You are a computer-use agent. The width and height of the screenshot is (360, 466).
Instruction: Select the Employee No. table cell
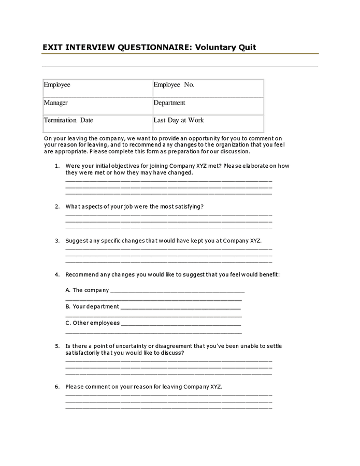point(208,88)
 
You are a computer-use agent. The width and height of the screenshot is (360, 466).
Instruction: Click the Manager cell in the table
point(97,106)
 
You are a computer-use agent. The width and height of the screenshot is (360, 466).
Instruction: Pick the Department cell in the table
point(208,106)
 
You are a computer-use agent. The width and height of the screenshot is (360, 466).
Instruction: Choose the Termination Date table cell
point(97,123)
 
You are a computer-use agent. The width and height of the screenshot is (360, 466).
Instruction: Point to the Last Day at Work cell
point(208,123)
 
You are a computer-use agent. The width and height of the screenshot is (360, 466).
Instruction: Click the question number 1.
point(57,166)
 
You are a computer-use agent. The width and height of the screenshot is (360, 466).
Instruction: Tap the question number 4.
point(57,274)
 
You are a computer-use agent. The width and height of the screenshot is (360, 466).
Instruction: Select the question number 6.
point(57,387)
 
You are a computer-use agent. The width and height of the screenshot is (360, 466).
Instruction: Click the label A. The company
point(87,290)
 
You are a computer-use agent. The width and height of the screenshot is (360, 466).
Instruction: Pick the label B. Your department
point(92,307)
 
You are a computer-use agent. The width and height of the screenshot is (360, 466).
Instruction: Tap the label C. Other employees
point(92,323)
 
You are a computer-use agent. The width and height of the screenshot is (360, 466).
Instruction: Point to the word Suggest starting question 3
point(76,241)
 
